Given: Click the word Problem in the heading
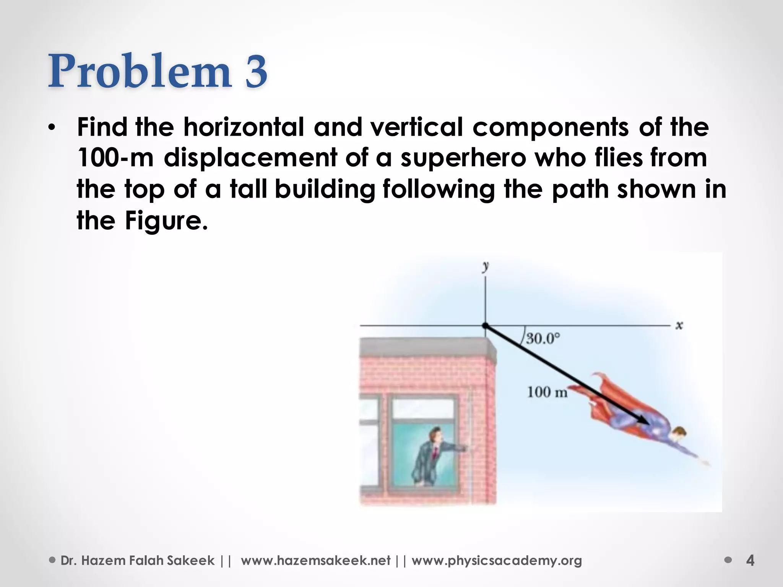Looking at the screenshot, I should pyautogui.click(x=140, y=72).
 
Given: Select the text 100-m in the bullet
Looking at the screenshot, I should pyautogui.click(x=115, y=158).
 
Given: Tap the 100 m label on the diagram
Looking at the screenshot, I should pyautogui.click(x=547, y=392).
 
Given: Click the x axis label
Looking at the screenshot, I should pyautogui.click(x=679, y=326).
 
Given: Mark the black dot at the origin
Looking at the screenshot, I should pyautogui.click(x=486, y=326).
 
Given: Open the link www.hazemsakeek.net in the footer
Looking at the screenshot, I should pyautogui.click(x=315, y=561).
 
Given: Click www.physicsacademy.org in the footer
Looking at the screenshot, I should pyautogui.click(x=497, y=561).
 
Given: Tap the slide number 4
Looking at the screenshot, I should pyautogui.click(x=750, y=561).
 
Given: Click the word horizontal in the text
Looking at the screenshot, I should pyautogui.click(x=244, y=127).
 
